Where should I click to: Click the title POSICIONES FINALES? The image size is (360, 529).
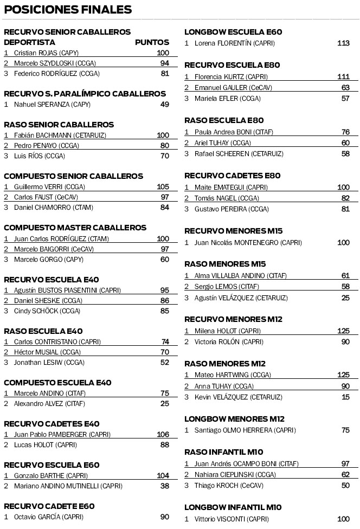coord(68,10)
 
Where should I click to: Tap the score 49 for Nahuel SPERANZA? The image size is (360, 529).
coord(164,104)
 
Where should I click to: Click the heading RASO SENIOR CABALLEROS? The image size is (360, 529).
coord(59,125)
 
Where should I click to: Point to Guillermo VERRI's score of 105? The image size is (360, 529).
coord(163,186)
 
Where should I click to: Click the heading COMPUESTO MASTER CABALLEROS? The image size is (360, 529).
coord(75,228)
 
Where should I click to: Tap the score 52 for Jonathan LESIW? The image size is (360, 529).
coord(164,362)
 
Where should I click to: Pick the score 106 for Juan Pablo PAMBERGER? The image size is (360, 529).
coord(163,434)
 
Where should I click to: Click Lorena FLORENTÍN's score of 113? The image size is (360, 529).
coord(343,43)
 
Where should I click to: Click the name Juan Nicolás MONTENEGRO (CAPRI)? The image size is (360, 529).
coord(248,242)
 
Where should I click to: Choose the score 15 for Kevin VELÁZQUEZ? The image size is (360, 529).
coord(345,397)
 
